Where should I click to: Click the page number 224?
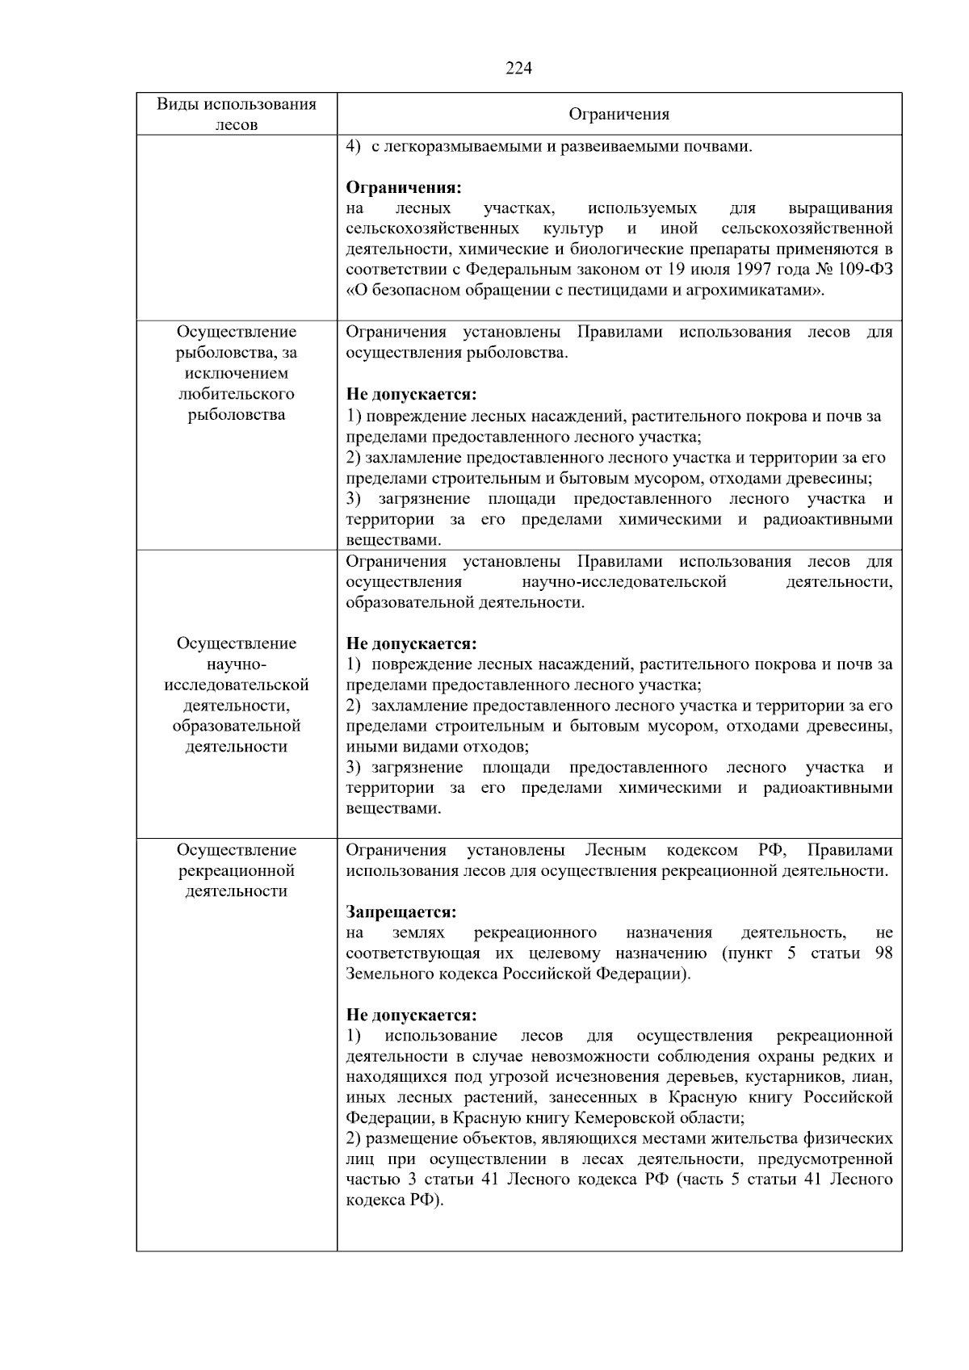coord(518,69)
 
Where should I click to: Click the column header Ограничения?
coord(619,115)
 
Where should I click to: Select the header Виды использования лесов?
coord(236,114)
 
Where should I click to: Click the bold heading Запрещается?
coord(401,912)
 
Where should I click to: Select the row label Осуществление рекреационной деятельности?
coord(236,870)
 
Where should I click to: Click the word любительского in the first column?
coord(236,394)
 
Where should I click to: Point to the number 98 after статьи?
coord(883,953)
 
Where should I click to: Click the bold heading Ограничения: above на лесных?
coord(404,187)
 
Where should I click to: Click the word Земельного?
coord(387,974)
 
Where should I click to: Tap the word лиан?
coord(875,1077)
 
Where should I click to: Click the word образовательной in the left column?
coord(236,726)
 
